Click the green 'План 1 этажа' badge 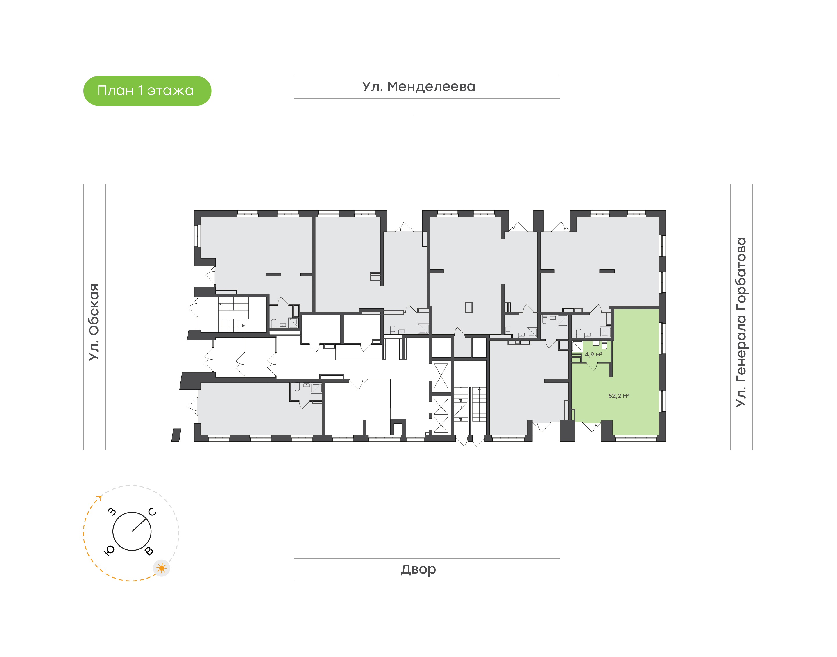pos(147,91)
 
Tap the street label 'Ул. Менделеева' pos(419,87)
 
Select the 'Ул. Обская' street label pos(94,322)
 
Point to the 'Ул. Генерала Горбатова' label pos(741,322)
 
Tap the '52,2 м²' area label pos(619,396)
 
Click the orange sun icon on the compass pos(162,568)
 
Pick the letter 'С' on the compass pos(152,512)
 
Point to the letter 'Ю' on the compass pos(110,551)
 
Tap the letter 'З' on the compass pos(112,512)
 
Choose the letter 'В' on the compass pos(149,551)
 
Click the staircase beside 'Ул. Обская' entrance pos(233,314)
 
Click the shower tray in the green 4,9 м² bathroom pos(577,347)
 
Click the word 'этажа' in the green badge pos(170,91)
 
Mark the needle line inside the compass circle pos(140,525)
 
